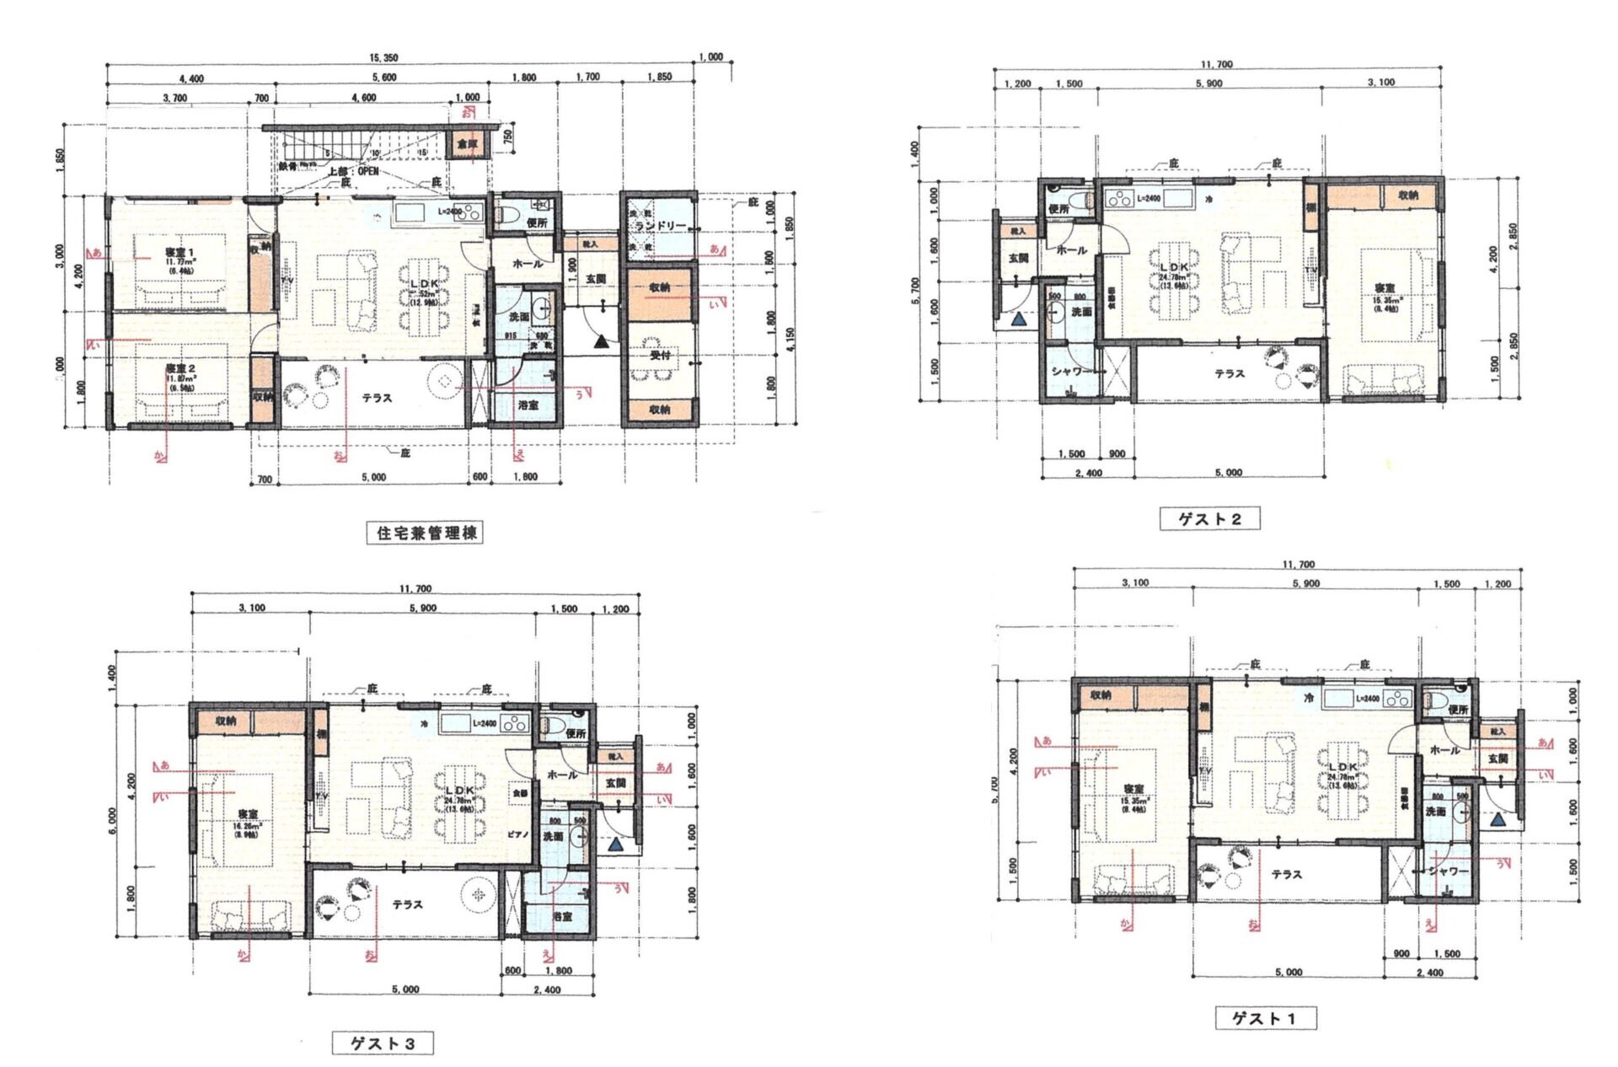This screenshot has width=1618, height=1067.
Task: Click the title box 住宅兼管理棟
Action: (x=425, y=533)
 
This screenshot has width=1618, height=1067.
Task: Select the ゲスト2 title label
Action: (x=1209, y=519)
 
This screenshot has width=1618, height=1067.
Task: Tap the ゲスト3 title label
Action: (x=383, y=1043)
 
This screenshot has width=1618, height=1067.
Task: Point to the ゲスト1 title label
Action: (x=1265, y=1018)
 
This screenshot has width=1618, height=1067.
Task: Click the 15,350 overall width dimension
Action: (x=383, y=57)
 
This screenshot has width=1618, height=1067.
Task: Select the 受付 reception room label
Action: (x=660, y=355)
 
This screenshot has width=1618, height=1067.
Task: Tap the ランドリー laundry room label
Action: (x=660, y=226)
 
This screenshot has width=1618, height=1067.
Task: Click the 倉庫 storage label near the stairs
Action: (x=467, y=144)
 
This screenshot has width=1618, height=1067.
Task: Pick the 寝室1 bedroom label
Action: (x=179, y=253)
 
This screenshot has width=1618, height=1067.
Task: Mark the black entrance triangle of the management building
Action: (x=600, y=341)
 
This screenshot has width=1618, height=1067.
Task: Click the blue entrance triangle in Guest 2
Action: (x=1019, y=319)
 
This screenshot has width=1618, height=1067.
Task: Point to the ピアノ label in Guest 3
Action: (x=517, y=834)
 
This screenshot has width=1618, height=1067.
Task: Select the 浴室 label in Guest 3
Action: (x=563, y=914)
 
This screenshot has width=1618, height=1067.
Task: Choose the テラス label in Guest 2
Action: (x=1230, y=373)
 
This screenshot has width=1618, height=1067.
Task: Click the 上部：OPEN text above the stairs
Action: (x=353, y=171)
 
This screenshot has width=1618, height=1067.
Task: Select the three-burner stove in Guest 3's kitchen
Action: (x=514, y=723)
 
